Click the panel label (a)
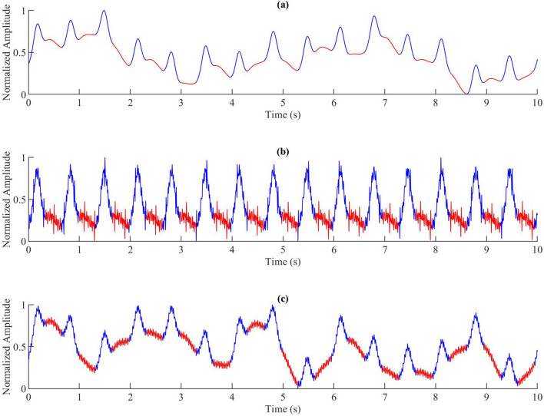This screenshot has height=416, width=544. pyautogui.click(x=283, y=5)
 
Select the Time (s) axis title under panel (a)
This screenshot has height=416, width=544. pyautogui.click(x=283, y=114)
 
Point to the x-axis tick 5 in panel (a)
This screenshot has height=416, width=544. pyautogui.click(x=283, y=103)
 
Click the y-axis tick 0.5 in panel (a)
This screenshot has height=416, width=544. pyautogui.click(x=18, y=53)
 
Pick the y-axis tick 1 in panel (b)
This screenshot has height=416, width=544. pyautogui.click(x=22, y=158)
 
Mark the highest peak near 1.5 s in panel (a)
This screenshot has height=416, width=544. pyautogui.click(x=104, y=12)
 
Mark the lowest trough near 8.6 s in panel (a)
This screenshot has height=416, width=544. pyautogui.click(x=466, y=94)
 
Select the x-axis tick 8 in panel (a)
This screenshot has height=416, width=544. pyautogui.click(x=436, y=103)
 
